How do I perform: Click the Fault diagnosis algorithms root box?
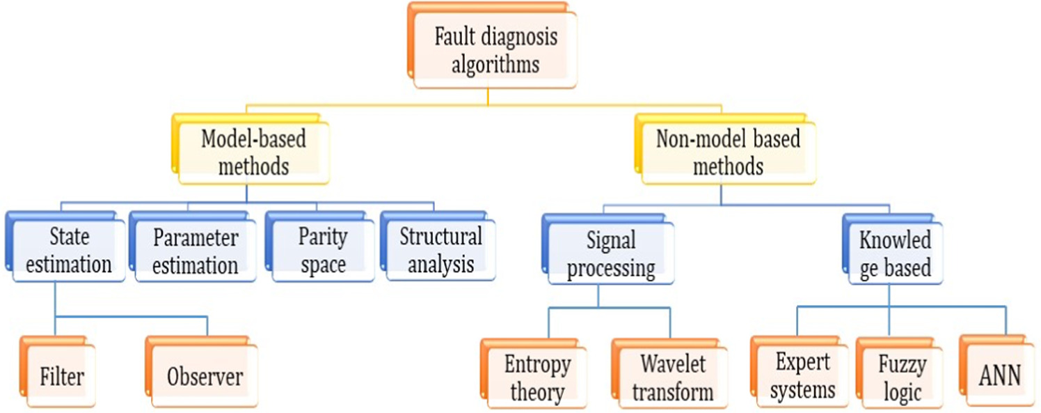click(x=495, y=51)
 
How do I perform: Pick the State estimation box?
click(x=70, y=251)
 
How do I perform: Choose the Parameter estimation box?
click(x=196, y=251)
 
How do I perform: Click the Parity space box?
click(x=323, y=251)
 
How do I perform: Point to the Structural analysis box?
click(x=440, y=251)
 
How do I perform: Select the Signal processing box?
click(x=611, y=254)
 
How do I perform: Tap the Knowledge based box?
click(x=895, y=254)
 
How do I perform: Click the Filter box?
click(x=62, y=377)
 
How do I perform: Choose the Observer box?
click(x=205, y=377)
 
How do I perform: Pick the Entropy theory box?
click(x=537, y=377)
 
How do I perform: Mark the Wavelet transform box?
click(x=673, y=377)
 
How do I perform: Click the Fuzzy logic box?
click(x=903, y=377)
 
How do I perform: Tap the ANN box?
click(x=999, y=375)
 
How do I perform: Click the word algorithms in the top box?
click(x=495, y=65)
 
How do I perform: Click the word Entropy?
click(x=537, y=364)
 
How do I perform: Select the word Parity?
click(x=323, y=237)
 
